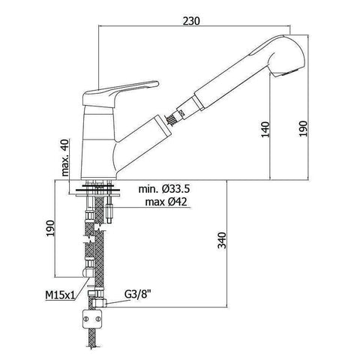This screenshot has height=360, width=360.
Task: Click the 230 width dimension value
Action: (191, 21)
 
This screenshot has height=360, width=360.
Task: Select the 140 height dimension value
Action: (265, 129)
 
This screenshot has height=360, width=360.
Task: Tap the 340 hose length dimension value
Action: (222, 241)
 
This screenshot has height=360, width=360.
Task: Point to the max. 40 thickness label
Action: (65, 157)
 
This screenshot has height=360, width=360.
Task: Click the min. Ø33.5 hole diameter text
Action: (164, 189)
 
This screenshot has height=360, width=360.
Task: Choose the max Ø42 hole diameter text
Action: (166, 202)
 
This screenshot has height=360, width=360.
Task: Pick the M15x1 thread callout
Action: (60, 295)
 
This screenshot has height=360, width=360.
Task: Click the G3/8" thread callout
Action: (138, 295)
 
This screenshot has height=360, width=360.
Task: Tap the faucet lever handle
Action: (120, 94)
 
